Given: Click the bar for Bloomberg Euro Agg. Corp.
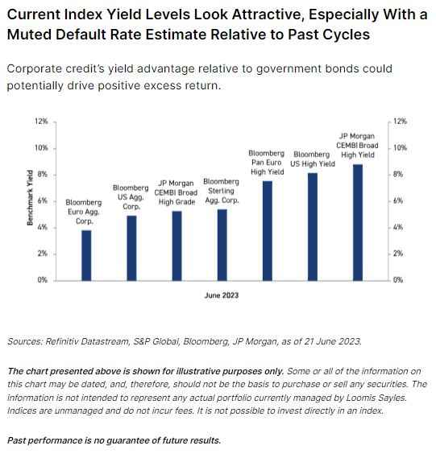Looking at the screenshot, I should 86,254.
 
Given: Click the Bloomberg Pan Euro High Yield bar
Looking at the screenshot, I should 268,230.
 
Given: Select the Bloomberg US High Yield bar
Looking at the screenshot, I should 313,226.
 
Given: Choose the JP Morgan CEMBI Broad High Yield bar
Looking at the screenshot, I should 358,221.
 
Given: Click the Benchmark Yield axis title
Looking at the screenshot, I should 30,200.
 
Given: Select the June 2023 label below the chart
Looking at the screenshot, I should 221,296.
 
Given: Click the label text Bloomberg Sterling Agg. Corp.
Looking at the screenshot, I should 222,191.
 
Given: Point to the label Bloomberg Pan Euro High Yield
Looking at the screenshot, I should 267,162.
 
